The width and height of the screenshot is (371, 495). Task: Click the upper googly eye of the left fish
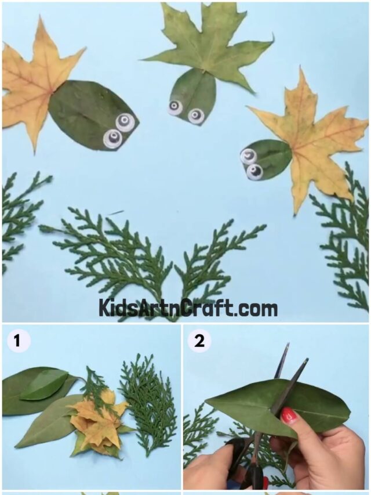pyautogui.click(x=125, y=122)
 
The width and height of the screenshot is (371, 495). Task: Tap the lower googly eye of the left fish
pyautogui.click(x=112, y=139)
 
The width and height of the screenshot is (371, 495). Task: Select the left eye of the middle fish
pyautogui.click(x=175, y=107)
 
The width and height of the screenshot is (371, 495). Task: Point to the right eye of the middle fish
pyautogui.click(x=197, y=116)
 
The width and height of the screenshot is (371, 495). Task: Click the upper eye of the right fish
pyautogui.click(x=249, y=156)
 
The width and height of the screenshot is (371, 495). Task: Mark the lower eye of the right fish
pyautogui.click(x=254, y=171)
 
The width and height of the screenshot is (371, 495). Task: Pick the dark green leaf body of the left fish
pyautogui.click(x=87, y=113)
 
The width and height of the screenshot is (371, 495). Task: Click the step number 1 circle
pyautogui.click(x=18, y=341)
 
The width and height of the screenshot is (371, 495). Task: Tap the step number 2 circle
pyautogui.click(x=199, y=341)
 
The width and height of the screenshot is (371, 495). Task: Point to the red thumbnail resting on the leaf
pyautogui.click(x=289, y=415)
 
